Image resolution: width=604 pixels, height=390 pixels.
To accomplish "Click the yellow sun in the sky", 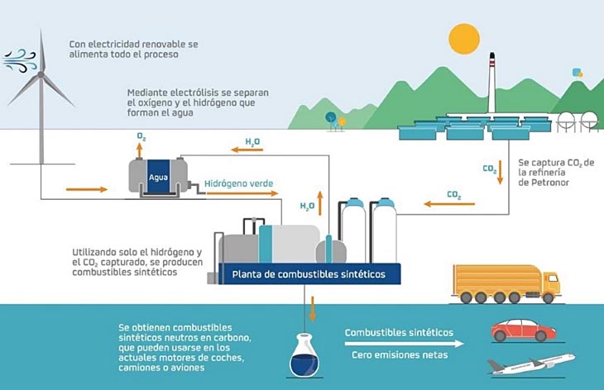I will tap(464, 39).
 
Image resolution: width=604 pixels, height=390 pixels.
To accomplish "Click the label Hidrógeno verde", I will tap(238, 183).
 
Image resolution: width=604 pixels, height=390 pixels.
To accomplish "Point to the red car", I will tap(523, 330).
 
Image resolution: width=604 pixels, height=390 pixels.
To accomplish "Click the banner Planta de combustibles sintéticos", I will tap(308, 274).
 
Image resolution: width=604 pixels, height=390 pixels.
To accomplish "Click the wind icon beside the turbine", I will tap(19, 59).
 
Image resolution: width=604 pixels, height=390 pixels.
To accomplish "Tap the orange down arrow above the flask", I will tap(313, 309).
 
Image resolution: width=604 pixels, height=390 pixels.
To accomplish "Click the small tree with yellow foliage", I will tap(341, 121).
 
